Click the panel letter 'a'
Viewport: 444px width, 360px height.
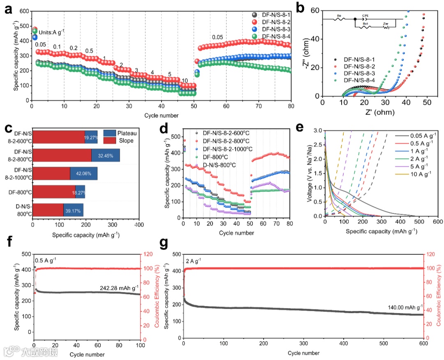[9, 9]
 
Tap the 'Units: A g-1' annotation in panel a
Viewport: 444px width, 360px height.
[52, 32]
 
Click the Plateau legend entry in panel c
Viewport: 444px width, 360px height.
[123, 133]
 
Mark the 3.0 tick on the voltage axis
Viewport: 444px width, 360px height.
[318, 131]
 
